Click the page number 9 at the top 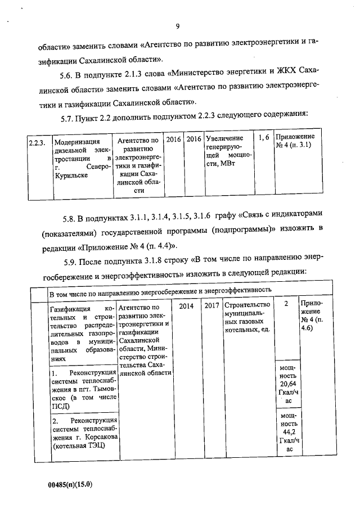(177, 26)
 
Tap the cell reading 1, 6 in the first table (264, 138)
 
